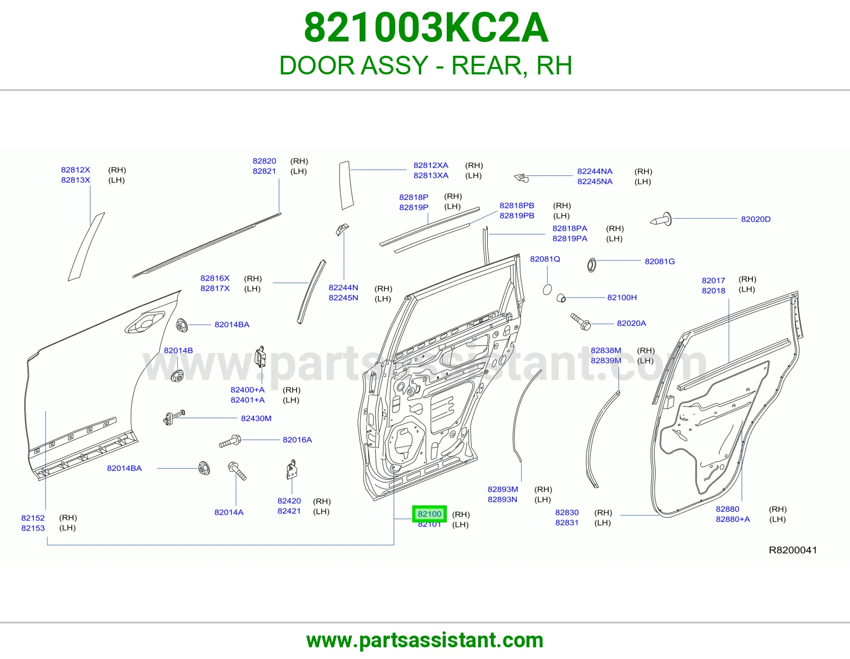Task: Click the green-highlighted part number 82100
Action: click(429, 514)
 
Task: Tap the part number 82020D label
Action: click(756, 219)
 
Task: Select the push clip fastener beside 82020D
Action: click(661, 219)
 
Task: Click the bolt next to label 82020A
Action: click(581, 322)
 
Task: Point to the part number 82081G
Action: click(659, 261)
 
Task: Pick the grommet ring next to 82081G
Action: click(591, 265)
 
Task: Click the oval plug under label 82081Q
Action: click(547, 290)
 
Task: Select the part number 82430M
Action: click(256, 418)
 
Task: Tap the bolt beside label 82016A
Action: click(230, 442)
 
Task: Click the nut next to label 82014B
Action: click(177, 376)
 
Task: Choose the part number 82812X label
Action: click(75, 170)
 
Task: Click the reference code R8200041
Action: click(793, 550)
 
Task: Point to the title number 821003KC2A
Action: click(426, 28)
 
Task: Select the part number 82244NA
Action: click(594, 172)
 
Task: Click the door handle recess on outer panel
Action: click(144, 323)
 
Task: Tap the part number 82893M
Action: click(502, 489)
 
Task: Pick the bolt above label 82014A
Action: click(236, 471)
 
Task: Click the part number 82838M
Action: click(606, 350)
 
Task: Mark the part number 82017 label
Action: click(713, 281)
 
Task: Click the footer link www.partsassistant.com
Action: click(425, 640)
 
